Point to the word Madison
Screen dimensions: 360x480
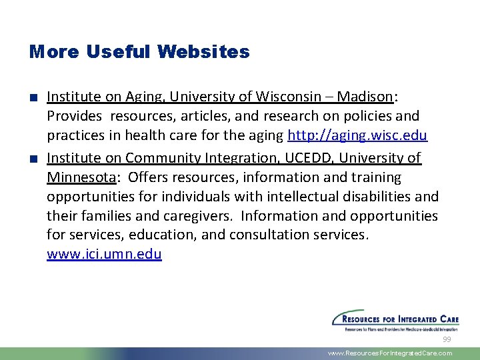click(365, 97)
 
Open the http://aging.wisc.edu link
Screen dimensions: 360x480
click(357, 135)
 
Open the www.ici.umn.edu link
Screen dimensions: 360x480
click(104, 254)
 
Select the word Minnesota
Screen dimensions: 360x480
click(81, 177)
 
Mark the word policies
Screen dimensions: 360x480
click(367, 116)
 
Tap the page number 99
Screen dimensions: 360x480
click(447, 339)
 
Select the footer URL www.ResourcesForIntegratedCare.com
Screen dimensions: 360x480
click(390, 353)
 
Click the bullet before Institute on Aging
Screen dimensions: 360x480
click(33, 97)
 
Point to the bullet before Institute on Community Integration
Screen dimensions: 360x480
click(33, 159)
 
